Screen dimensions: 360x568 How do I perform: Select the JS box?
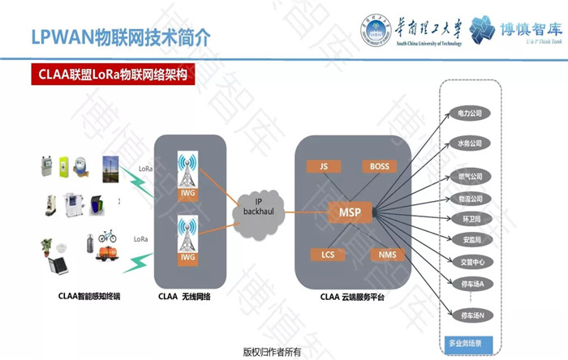324,166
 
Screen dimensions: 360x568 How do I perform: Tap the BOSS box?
380,166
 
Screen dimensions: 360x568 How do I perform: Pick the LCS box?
327,255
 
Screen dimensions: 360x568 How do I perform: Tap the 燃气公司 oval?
471,176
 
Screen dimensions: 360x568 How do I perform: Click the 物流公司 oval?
471,198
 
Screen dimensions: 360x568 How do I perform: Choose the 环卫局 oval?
471,219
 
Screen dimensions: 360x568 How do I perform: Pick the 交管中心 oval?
471,262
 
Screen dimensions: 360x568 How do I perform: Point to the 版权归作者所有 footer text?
272,352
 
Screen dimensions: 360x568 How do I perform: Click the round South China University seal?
376,31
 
